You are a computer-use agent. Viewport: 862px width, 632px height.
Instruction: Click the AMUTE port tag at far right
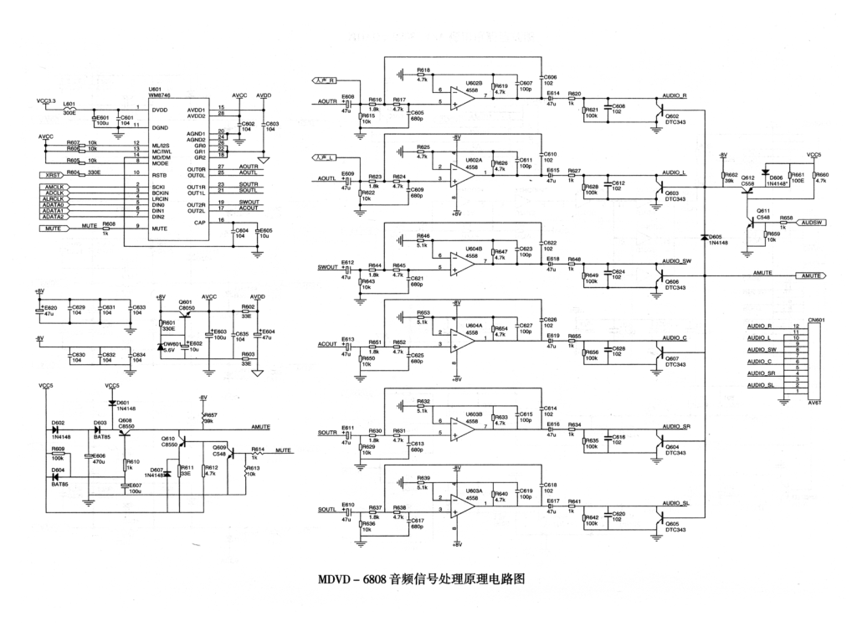(x=810, y=275)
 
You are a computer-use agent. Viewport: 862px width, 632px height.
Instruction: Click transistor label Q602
(x=672, y=116)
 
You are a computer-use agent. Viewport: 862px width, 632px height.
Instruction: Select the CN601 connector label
(x=816, y=319)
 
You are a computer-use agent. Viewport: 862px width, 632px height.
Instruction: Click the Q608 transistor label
(x=125, y=420)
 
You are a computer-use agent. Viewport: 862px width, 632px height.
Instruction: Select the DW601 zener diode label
(x=170, y=343)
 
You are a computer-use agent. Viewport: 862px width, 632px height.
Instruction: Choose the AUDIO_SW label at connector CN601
(x=760, y=349)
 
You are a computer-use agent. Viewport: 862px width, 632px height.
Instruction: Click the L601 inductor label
(x=69, y=104)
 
